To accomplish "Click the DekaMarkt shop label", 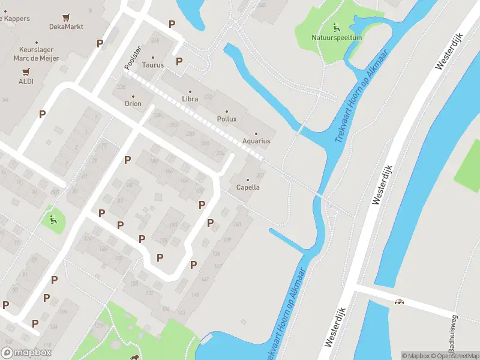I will pyautogui.click(x=66, y=27).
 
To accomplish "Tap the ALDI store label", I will pyautogui.click(x=26, y=81).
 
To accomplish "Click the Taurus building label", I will pyautogui.click(x=153, y=65).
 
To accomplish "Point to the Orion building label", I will pyautogui.click(x=133, y=103).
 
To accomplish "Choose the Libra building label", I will pyautogui.click(x=190, y=98).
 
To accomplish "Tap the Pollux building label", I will pyautogui.click(x=226, y=119).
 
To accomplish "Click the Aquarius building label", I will pyautogui.click(x=256, y=141).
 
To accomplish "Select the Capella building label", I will pyautogui.click(x=248, y=187).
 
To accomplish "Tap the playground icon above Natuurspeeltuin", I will pyautogui.click(x=335, y=26).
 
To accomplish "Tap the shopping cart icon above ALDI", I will pyautogui.click(x=26, y=71).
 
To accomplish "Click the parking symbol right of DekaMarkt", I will pyautogui.click(x=100, y=43).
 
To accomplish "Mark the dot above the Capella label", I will pyautogui.click(x=247, y=179).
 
